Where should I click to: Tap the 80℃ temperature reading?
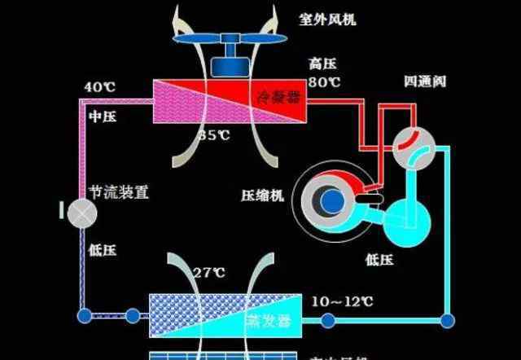tap(323, 82)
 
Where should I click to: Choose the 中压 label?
tap(102, 117)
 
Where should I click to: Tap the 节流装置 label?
tap(118, 193)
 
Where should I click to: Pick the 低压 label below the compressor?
tap(379, 259)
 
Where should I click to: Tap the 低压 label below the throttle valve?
tap(102, 250)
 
